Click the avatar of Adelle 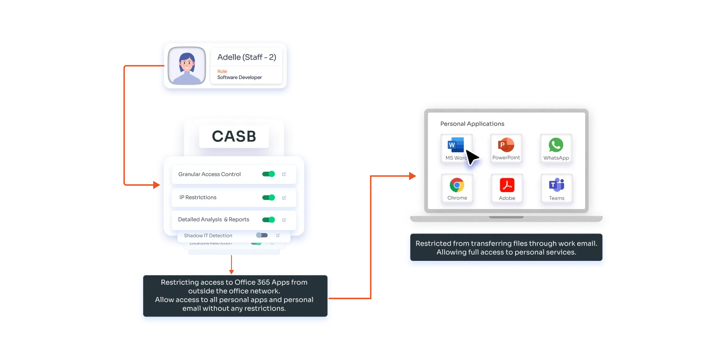tap(187, 66)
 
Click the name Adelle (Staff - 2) tap(246, 57)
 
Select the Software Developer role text tap(239, 77)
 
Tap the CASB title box tap(234, 137)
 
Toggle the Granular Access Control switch tap(268, 174)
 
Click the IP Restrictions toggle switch tap(268, 197)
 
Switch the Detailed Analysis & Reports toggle tap(268, 220)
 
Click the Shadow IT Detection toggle tap(262, 235)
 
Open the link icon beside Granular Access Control tap(284, 174)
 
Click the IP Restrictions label tap(198, 197)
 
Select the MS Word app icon tap(455, 145)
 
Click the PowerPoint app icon tap(506, 145)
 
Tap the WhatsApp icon tap(556, 145)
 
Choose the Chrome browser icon tap(457, 185)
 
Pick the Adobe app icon tap(507, 185)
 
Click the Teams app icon tap(556, 185)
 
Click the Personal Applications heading tap(472, 124)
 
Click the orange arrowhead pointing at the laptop tap(412, 176)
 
